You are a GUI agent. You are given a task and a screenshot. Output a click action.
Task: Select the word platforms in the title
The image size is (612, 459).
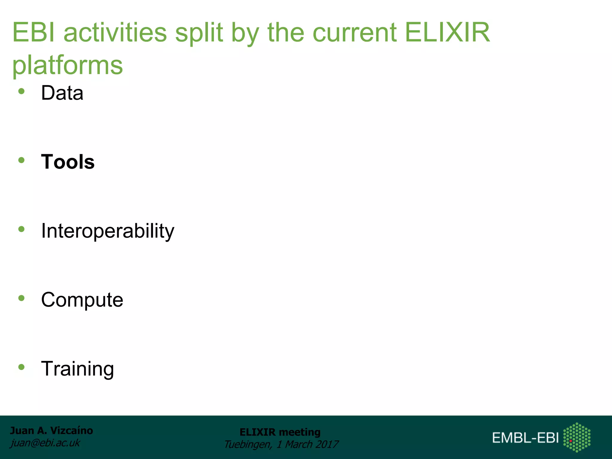click(68, 65)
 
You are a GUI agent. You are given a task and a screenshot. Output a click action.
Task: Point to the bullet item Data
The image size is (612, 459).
click(62, 93)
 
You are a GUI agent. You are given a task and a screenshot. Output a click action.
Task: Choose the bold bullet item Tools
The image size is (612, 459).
click(68, 162)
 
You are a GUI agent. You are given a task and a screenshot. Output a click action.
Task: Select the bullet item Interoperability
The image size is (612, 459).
click(108, 231)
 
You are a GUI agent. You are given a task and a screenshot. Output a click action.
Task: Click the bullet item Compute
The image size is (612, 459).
click(82, 300)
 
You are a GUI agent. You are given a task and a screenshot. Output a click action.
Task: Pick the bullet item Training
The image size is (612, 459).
click(77, 369)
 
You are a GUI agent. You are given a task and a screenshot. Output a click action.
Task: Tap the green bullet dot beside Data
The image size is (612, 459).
click(21, 91)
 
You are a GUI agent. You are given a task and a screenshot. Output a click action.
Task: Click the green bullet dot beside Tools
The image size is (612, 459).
click(21, 160)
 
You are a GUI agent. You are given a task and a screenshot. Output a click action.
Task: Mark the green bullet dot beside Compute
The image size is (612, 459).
click(21, 298)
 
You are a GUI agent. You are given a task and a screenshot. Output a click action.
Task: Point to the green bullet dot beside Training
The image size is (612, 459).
click(21, 367)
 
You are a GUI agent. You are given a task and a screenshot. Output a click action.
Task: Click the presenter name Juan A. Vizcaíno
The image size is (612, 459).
click(51, 431)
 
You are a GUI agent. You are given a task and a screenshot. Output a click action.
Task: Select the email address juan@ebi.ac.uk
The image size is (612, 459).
click(45, 443)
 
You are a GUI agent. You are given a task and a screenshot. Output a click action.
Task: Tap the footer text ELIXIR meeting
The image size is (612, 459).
click(280, 432)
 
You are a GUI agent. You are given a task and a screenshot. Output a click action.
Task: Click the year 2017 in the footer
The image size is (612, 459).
click(327, 444)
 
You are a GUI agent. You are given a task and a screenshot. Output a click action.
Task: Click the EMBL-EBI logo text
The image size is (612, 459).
click(525, 438)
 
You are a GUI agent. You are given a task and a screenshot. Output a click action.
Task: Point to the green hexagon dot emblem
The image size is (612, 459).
click(577, 437)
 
